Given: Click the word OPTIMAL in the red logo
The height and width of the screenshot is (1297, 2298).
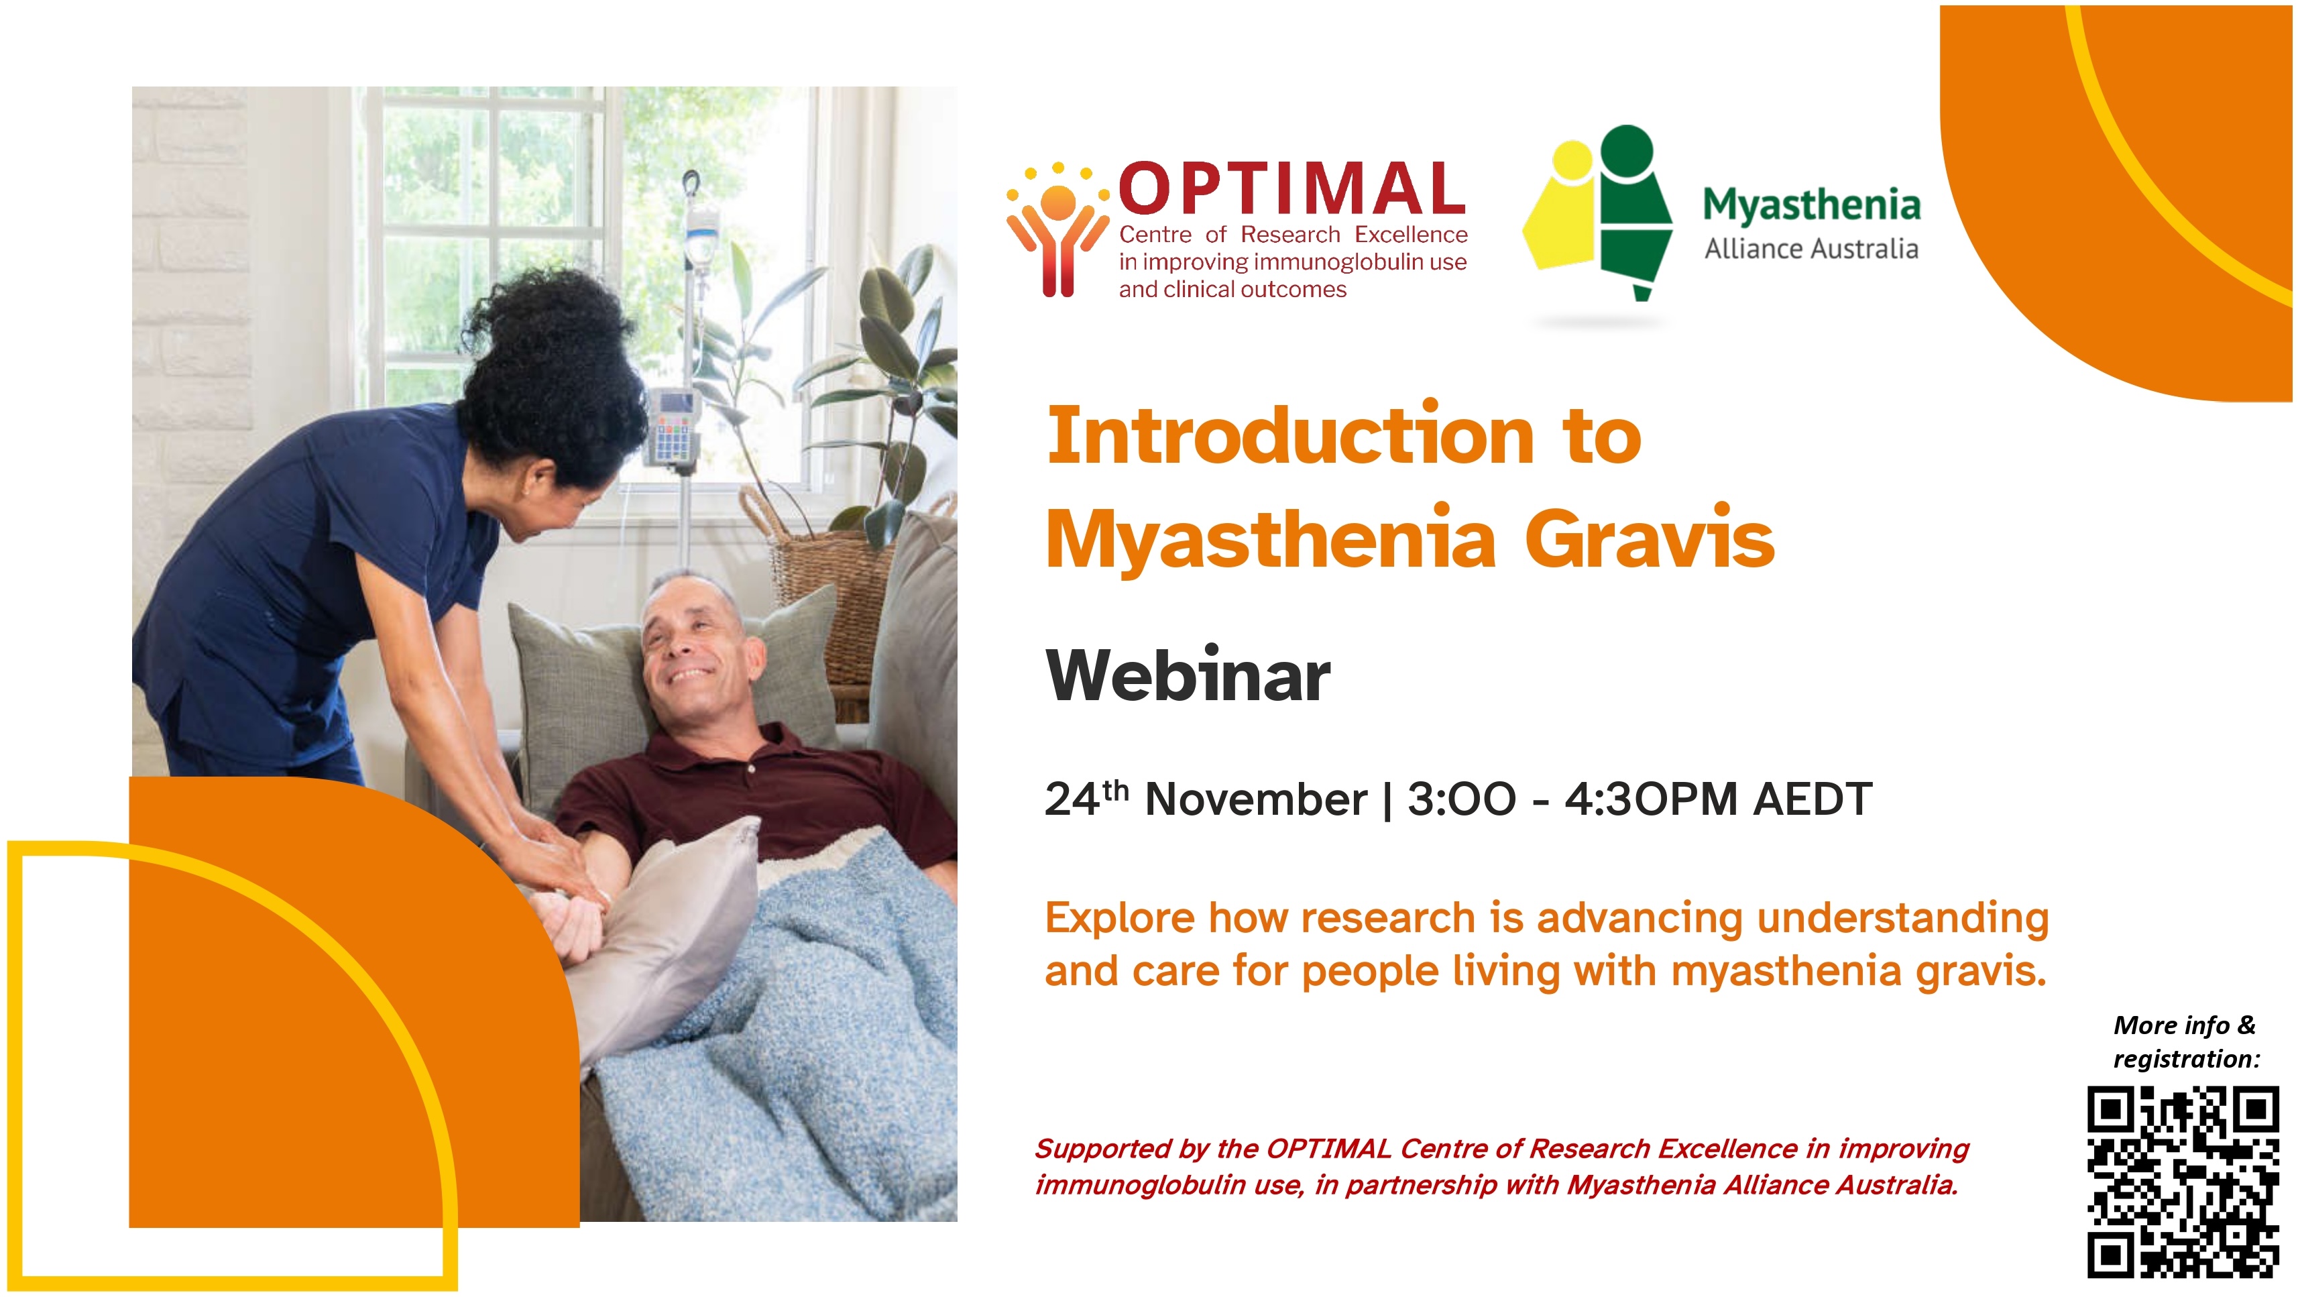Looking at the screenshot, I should point(1291,190).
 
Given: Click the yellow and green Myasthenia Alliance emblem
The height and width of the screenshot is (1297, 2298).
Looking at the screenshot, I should point(1597,214).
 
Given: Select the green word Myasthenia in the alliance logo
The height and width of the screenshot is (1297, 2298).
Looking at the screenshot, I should point(1811,205).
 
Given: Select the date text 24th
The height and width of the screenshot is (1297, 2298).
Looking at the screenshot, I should point(1086,797).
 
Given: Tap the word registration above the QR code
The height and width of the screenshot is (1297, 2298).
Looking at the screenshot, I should point(2185,1059).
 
